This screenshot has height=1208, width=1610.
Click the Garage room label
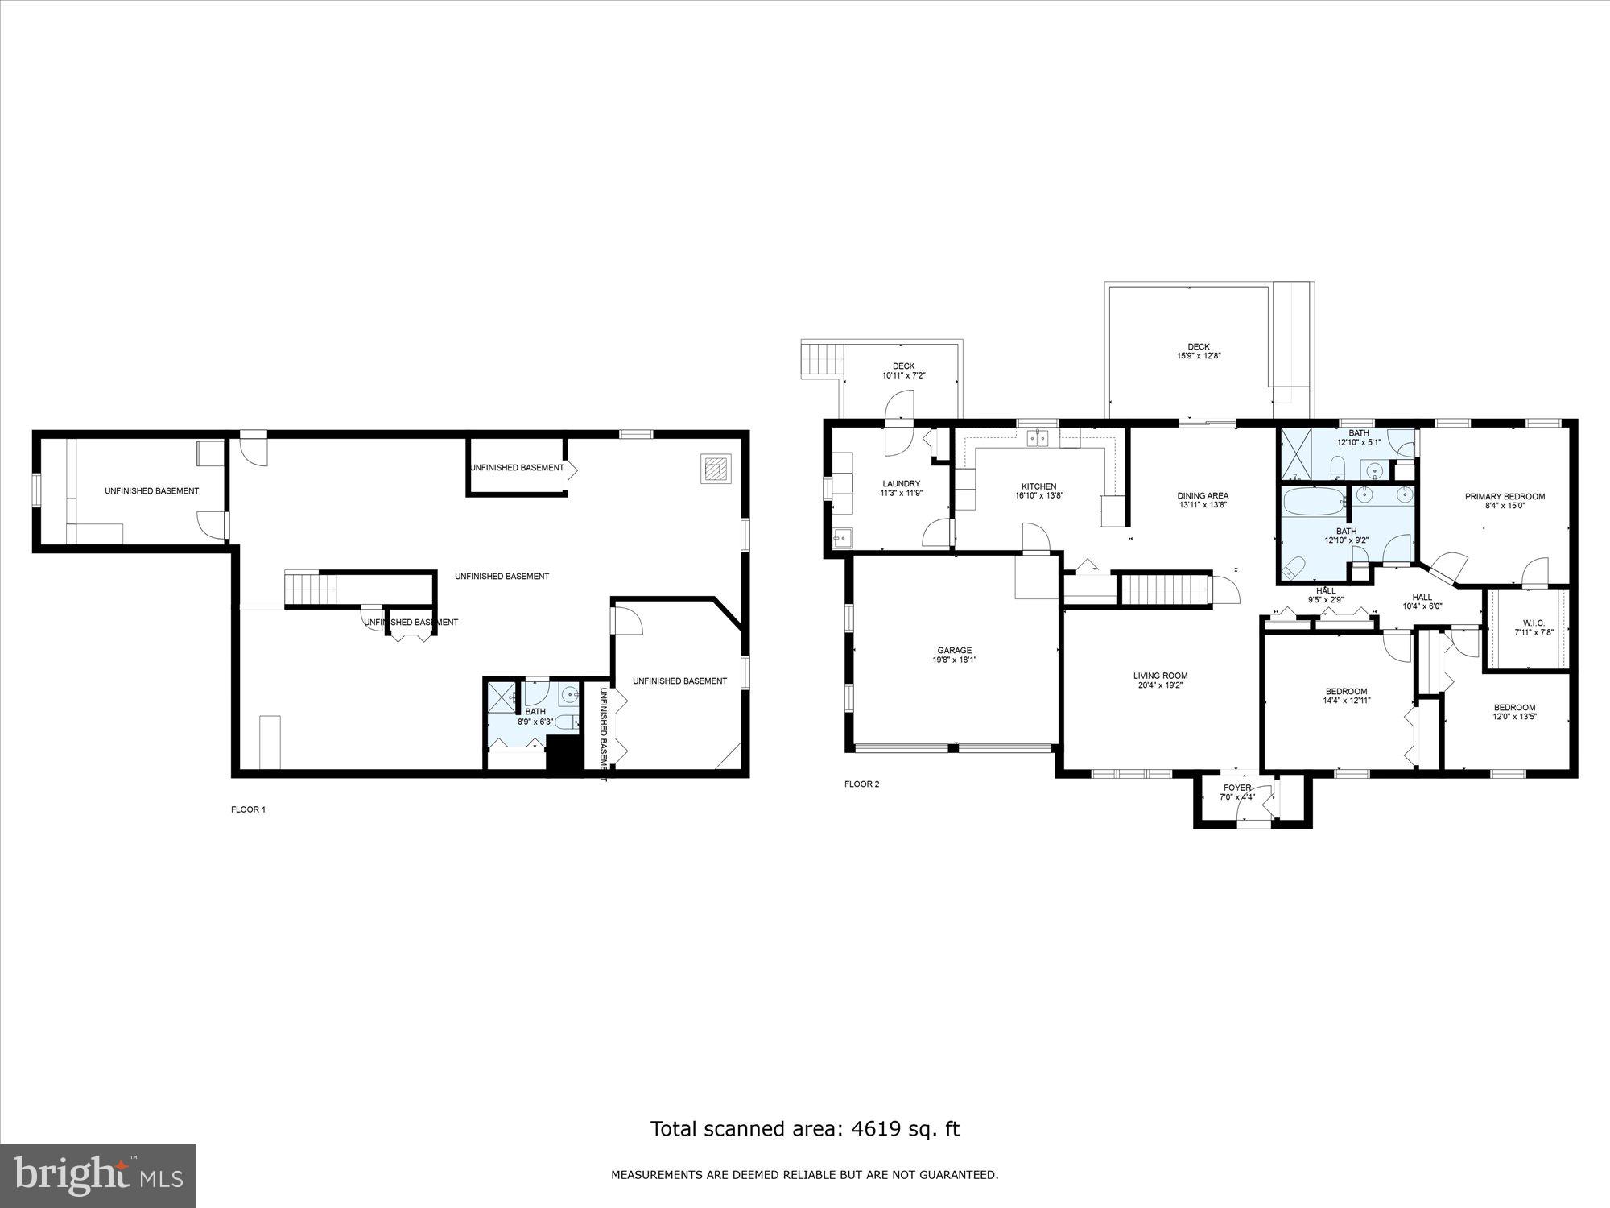tap(954, 650)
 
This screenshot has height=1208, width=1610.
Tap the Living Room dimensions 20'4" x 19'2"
tap(1162, 686)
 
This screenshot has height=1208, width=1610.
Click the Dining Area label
tap(1203, 496)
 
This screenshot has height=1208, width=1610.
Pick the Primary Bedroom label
tap(1505, 497)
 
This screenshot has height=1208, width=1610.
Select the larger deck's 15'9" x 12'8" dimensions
tap(1199, 356)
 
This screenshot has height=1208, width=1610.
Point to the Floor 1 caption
tap(248, 809)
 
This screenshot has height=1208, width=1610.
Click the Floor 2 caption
tap(861, 784)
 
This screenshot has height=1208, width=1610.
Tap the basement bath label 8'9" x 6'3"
tap(535, 722)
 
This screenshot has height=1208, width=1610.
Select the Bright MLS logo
tap(98, 1175)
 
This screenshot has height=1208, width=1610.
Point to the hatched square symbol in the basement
tap(716, 468)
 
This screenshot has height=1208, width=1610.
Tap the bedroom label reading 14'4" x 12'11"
tap(1346, 701)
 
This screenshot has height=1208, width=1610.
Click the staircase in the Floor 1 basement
tap(310, 589)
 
